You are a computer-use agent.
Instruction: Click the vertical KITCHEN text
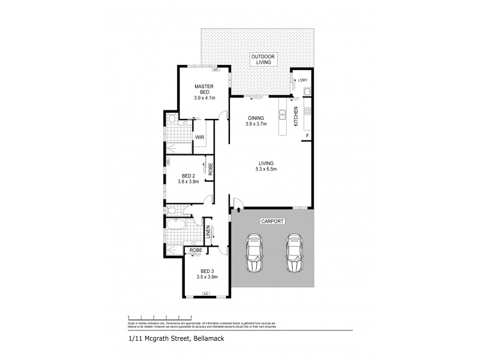[x=296, y=116]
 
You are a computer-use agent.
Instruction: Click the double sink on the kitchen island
[x=281, y=114]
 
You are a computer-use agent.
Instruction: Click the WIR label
[x=200, y=137]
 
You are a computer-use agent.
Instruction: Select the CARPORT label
[x=271, y=221]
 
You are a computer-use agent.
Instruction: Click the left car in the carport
[x=254, y=253]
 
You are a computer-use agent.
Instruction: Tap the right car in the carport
[x=293, y=252]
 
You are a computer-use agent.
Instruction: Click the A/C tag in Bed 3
[x=205, y=293]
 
